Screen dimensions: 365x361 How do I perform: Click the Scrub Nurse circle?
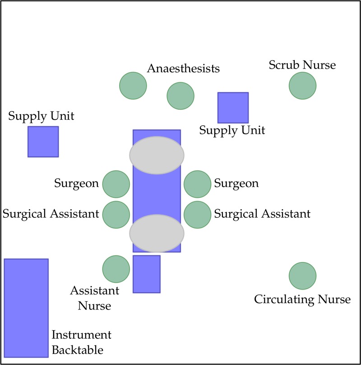point(302,85)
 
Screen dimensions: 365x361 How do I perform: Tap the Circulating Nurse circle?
point(302,276)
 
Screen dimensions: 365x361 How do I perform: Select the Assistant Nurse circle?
point(116,269)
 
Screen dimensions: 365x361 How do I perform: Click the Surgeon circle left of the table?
point(116,184)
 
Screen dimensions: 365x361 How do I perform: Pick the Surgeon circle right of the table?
point(198,184)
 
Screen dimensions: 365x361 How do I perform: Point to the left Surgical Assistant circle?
point(116,214)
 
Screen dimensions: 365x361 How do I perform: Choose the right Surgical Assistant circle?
point(198,214)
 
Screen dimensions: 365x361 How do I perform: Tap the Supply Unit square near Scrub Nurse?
point(233,108)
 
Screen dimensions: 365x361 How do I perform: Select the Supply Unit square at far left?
point(43,141)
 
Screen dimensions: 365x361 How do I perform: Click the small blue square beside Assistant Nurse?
point(146,274)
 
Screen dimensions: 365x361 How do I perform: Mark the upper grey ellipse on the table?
point(157,155)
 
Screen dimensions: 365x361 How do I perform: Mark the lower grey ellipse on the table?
point(157,233)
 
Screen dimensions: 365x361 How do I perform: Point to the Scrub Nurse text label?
point(302,65)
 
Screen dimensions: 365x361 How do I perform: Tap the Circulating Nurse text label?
point(302,299)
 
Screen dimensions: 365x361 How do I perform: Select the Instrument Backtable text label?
point(81,342)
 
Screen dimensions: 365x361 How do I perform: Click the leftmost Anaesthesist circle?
point(133,85)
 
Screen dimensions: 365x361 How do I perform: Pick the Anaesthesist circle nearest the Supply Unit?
point(180,96)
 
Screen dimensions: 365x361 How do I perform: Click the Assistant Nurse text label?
point(94,298)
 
